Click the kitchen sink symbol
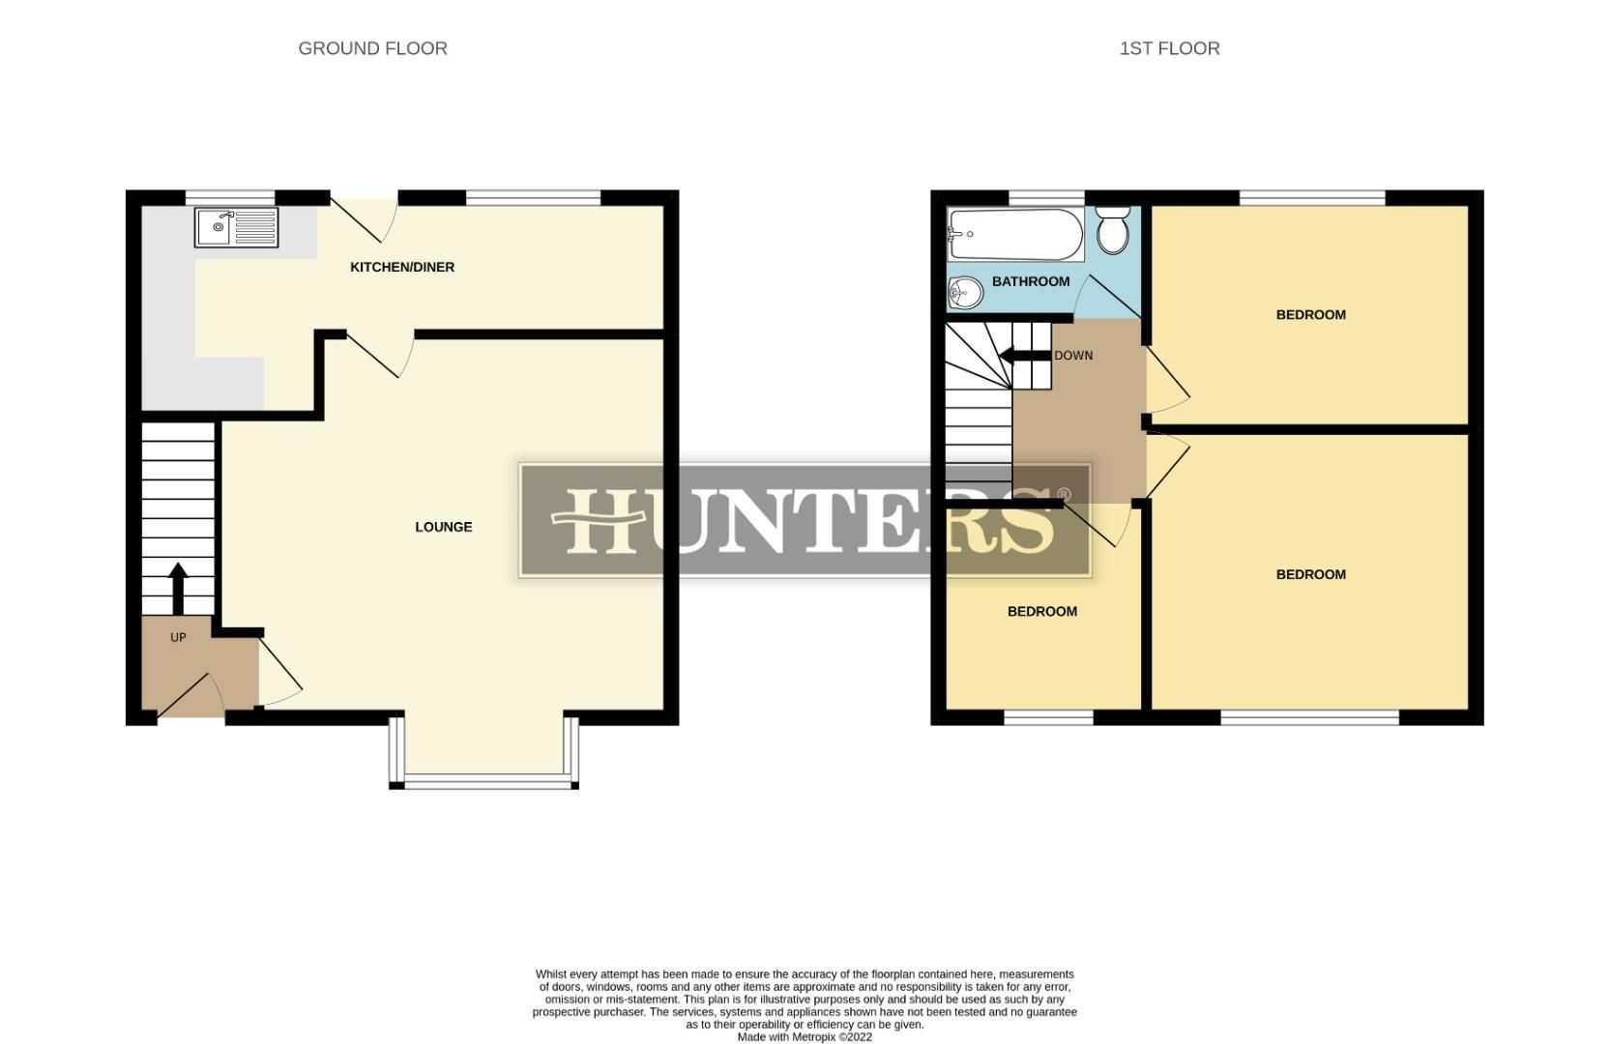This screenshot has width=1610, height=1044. pyautogui.click(x=236, y=227)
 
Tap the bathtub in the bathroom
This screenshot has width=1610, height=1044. pyautogui.click(x=1015, y=235)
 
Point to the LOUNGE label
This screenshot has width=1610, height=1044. pyautogui.click(x=444, y=527)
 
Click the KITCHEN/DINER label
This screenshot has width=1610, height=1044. pyautogui.click(x=402, y=267)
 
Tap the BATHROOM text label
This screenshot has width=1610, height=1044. pyautogui.click(x=1031, y=281)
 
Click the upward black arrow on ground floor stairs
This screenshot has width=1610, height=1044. pyautogui.click(x=178, y=589)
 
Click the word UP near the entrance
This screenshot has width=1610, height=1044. pyautogui.click(x=178, y=638)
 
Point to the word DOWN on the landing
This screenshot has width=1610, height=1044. pyautogui.click(x=1073, y=356)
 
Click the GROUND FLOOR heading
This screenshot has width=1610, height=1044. pyautogui.click(x=372, y=48)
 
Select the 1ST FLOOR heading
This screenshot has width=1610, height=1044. pyautogui.click(x=1169, y=48)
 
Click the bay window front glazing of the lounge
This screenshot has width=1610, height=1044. pyautogui.click(x=484, y=780)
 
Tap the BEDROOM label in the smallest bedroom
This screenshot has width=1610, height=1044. pyautogui.click(x=1041, y=611)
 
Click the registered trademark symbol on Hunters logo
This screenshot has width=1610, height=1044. pyautogui.click(x=1065, y=495)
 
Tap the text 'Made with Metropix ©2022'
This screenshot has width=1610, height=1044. pyautogui.click(x=805, y=1036)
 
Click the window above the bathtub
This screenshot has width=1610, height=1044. pyautogui.click(x=1046, y=197)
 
